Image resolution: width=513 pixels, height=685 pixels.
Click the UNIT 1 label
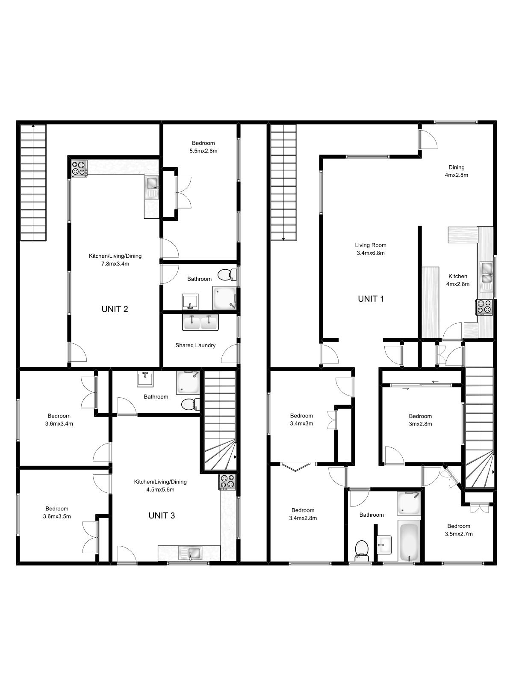point(371,299)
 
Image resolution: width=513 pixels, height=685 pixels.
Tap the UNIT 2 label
point(115,309)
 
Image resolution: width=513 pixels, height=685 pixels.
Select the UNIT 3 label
point(162,515)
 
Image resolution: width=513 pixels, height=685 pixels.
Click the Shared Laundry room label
point(195,345)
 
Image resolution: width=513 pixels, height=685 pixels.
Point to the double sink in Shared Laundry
point(200,322)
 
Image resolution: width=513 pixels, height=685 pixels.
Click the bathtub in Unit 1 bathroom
point(410,541)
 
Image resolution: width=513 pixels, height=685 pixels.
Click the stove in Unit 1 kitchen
point(484,307)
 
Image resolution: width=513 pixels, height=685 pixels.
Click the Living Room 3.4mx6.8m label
point(371,249)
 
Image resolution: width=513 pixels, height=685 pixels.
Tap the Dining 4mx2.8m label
point(456,171)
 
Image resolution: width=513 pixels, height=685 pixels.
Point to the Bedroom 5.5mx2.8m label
point(203,147)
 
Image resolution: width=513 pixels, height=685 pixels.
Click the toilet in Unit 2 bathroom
point(226,274)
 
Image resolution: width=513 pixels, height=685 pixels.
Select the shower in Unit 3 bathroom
point(188,382)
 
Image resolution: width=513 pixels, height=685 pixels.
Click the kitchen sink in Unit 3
point(191,553)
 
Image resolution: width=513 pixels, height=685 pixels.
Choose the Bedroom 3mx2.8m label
point(420,420)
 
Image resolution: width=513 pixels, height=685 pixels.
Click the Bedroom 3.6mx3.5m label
point(57,512)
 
